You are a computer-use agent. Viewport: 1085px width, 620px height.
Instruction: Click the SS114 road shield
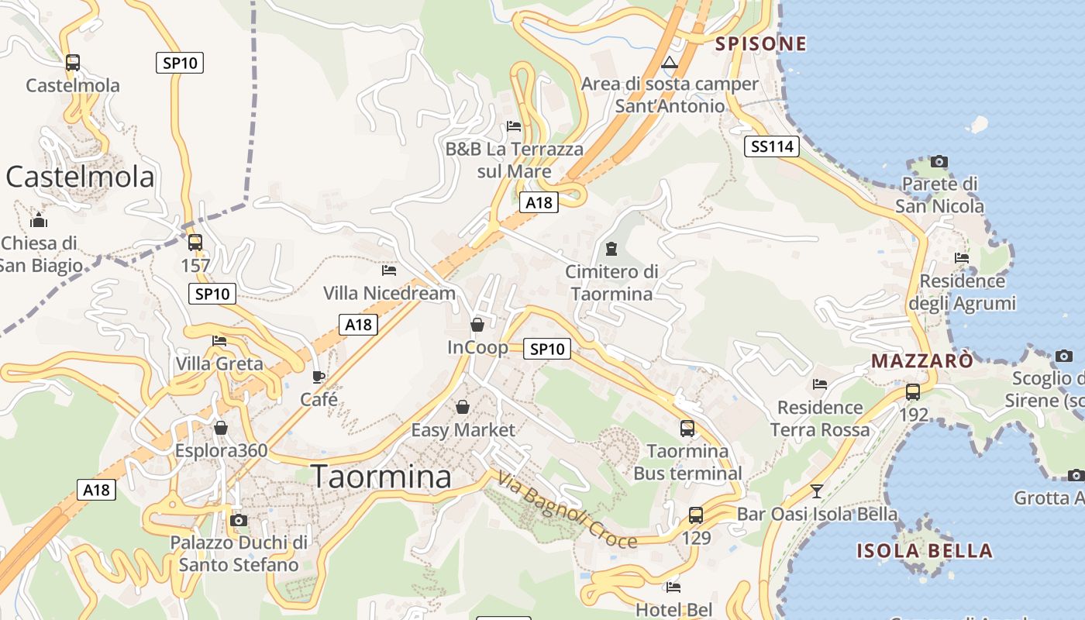(771, 146)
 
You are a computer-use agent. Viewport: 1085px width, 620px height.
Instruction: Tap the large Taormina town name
(381, 477)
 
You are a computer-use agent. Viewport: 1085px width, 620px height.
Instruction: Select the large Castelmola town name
(81, 177)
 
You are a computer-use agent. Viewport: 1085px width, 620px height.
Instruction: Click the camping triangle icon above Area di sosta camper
(670, 62)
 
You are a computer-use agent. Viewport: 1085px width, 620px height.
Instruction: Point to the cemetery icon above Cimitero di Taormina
(611, 249)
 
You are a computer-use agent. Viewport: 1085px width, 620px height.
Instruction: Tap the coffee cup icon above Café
(319, 377)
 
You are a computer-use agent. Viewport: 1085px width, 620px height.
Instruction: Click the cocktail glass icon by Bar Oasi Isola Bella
(816, 491)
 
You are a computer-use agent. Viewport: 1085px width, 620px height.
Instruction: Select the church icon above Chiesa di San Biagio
(39, 221)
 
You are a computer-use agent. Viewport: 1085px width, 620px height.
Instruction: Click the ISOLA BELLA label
(925, 551)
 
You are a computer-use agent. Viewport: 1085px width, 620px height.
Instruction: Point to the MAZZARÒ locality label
(922, 361)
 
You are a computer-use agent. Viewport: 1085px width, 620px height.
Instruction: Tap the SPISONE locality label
(760, 44)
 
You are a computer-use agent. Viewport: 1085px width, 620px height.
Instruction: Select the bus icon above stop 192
(913, 391)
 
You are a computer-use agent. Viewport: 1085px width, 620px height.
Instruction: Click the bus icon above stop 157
(195, 243)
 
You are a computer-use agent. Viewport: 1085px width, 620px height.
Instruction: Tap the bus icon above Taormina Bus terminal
(687, 428)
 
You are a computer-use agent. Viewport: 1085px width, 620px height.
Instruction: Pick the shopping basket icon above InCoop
(477, 325)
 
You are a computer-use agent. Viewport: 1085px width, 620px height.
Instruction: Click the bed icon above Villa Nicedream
(389, 270)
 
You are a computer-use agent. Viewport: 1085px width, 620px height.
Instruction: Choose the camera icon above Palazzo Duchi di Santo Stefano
(239, 520)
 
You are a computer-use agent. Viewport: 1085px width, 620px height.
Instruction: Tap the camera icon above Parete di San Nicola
(939, 161)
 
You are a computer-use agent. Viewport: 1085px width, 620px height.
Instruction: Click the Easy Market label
(463, 430)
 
